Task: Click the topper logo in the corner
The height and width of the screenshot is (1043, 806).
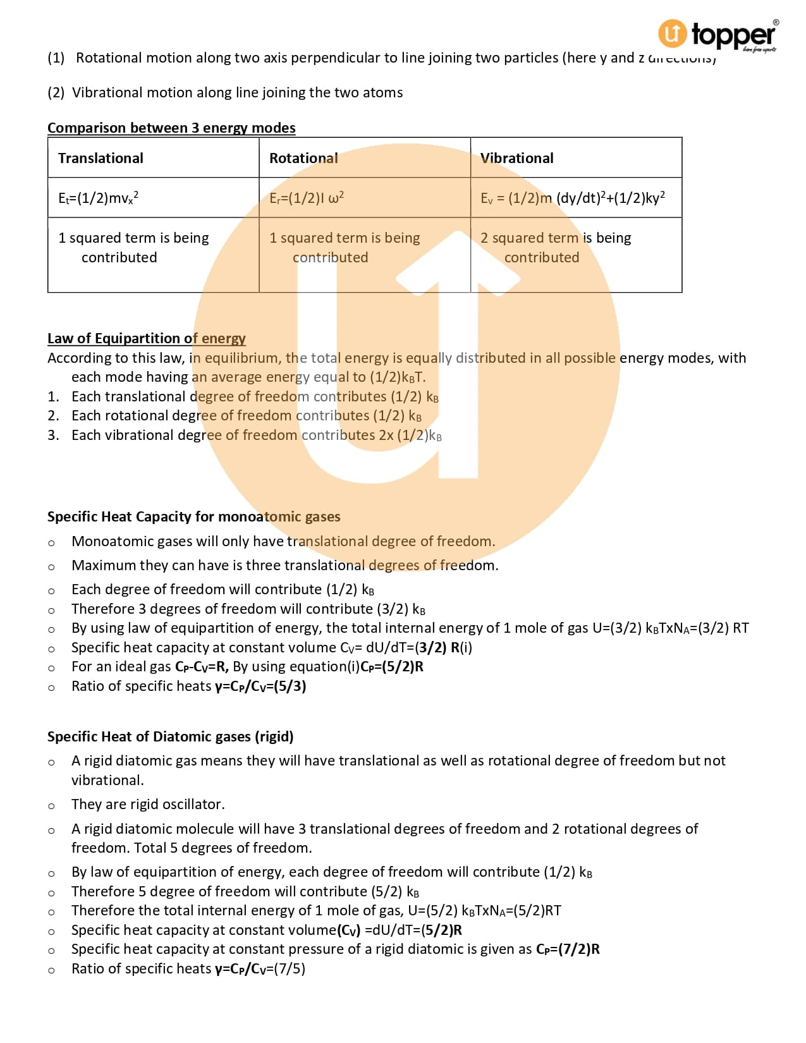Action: tap(717, 35)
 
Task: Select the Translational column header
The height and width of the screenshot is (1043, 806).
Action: tap(101, 158)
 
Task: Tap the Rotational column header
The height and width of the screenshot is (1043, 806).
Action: tap(303, 158)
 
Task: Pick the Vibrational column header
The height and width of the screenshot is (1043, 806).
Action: tap(516, 158)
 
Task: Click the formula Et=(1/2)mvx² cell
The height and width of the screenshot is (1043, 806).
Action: tap(99, 198)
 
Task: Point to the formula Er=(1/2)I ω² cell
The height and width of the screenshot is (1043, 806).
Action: tap(307, 198)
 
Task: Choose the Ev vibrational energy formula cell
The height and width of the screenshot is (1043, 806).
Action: tap(572, 198)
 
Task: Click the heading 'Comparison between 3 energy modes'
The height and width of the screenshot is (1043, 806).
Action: tap(171, 128)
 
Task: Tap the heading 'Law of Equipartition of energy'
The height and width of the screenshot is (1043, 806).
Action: tap(147, 338)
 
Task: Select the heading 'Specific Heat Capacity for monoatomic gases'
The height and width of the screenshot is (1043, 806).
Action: tap(193, 516)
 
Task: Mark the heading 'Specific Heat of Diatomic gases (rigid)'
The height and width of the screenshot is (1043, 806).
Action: tap(170, 736)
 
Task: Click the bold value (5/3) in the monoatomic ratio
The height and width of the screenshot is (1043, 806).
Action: tap(290, 686)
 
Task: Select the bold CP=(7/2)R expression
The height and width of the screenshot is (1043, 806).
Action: tap(568, 949)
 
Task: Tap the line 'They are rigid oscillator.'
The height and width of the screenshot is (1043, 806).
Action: tap(148, 804)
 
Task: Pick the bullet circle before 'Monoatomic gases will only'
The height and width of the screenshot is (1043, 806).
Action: tap(51, 542)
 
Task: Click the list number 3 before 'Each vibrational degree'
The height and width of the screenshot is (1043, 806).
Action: tap(53, 435)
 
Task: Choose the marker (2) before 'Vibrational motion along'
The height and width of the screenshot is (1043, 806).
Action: tap(56, 92)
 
